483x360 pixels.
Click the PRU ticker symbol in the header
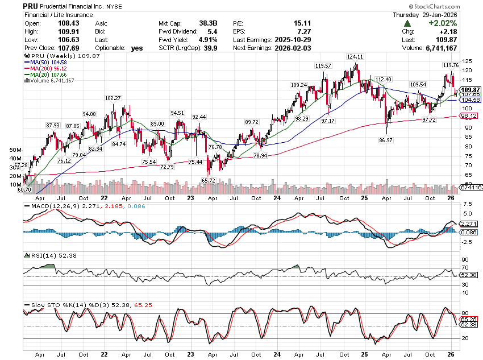point(31,5)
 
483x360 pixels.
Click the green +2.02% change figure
point(443,23)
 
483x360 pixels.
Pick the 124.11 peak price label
point(355,57)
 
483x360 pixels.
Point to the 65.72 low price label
point(209,180)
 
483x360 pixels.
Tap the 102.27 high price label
point(114,98)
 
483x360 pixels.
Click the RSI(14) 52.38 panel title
point(43,255)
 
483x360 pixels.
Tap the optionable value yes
point(136,48)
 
